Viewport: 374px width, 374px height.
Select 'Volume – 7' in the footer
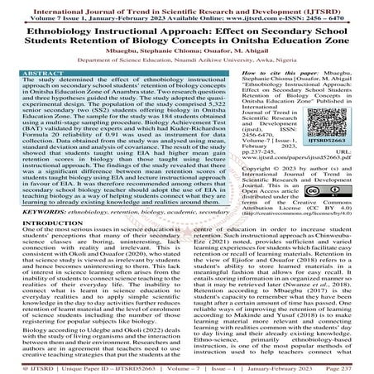click(x=202, y=366)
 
